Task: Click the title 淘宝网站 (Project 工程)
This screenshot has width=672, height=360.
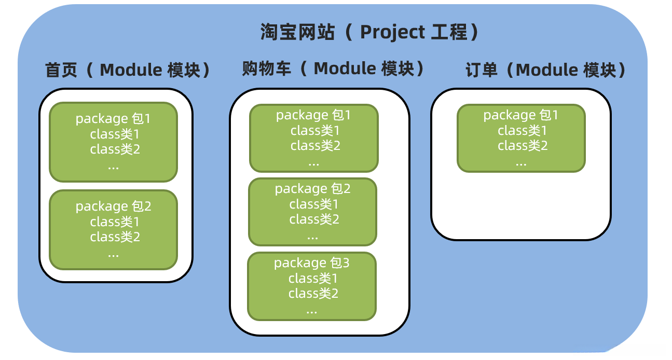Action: [x=370, y=32]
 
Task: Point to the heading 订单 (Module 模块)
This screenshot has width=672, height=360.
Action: [x=546, y=70]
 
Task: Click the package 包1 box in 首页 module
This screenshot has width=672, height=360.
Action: [x=113, y=142]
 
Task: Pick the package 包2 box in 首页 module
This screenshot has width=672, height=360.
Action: [x=113, y=230]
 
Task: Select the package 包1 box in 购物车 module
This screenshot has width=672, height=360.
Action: [x=313, y=138]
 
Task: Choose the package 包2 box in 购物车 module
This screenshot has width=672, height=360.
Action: [x=312, y=212]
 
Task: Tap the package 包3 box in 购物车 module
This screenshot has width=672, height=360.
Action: [x=311, y=286]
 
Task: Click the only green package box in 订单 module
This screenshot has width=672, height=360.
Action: [x=521, y=138]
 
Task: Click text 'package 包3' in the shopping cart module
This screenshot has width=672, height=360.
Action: [x=311, y=263]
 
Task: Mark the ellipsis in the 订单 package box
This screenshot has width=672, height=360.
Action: [x=521, y=163]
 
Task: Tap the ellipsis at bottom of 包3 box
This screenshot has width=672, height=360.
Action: [x=311, y=311]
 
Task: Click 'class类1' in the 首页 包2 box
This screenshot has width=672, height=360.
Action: [x=115, y=222]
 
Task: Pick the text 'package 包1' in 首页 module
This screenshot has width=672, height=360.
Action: [x=113, y=119]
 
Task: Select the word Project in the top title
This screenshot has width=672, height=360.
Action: [x=392, y=32]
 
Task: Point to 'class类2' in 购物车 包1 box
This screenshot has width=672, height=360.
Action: [x=315, y=146]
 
